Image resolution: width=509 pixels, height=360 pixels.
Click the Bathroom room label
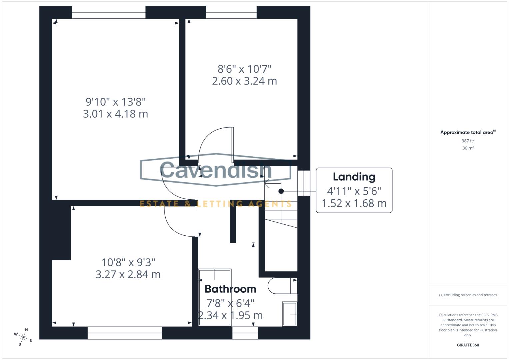(x=230, y=289)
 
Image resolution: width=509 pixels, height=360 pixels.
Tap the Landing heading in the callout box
(x=354, y=177)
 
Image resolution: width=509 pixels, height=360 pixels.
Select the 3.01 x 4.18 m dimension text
(x=115, y=114)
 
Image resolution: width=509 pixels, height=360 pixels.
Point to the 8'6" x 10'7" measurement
(x=244, y=69)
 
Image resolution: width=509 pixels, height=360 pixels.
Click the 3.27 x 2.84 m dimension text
(x=128, y=274)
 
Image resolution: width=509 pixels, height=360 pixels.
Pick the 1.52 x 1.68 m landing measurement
(x=354, y=203)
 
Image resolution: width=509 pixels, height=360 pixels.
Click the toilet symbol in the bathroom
(x=282, y=286)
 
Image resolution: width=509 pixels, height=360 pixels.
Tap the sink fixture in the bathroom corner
(x=290, y=314)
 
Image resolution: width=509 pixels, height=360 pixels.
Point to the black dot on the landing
(x=281, y=191)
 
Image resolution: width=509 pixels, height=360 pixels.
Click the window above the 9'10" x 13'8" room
(x=109, y=12)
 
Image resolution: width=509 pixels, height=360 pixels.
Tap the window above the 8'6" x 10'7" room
(x=231, y=12)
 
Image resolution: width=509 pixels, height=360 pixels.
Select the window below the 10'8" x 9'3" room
(x=125, y=333)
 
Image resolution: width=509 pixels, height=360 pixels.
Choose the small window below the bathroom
(x=245, y=333)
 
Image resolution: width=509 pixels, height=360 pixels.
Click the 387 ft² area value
(x=468, y=141)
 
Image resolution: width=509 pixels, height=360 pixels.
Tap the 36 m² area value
(x=468, y=148)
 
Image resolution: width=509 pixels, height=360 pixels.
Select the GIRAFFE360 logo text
(x=468, y=345)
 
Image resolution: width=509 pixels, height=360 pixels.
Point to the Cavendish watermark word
(x=216, y=170)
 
